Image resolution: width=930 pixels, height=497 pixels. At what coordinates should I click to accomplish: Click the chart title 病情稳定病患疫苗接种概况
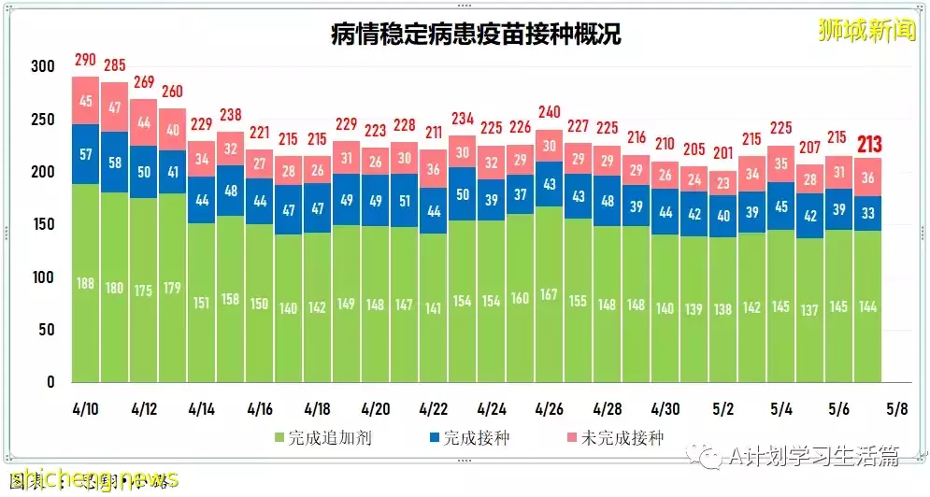pos(476,35)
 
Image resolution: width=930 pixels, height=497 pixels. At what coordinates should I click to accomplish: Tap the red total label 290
pos(86,61)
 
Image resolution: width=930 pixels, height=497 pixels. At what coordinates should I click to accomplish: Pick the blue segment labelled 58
pos(115,163)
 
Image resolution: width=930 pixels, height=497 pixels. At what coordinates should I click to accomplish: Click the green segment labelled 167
pos(550,294)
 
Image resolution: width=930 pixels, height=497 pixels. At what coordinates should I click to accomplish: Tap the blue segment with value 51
pos(405,200)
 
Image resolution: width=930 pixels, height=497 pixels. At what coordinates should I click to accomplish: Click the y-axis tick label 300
pos(42,67)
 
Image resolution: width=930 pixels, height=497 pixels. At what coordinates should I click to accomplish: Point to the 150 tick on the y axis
pos(42,225)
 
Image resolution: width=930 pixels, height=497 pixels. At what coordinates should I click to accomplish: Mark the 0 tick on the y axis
pos(50,382)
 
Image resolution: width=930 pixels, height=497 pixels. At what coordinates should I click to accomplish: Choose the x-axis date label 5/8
pos(896,408)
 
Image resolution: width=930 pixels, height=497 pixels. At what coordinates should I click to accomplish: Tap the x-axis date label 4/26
pos(549,408)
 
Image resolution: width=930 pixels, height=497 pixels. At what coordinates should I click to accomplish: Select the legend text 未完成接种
pos(622,437)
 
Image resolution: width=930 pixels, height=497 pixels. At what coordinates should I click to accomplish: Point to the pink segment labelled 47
pos(115,107)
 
